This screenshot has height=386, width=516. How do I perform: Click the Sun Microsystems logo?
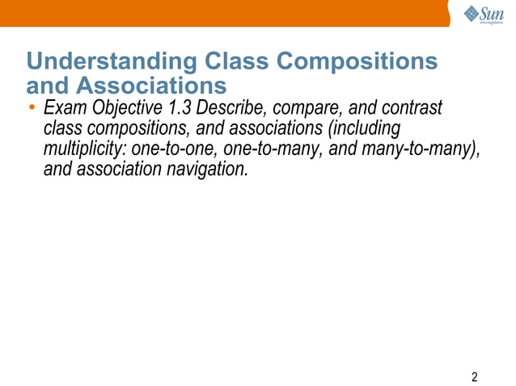[484, 15]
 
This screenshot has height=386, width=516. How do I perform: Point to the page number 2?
[474, 377]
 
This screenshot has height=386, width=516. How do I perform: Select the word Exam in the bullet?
[64, 108]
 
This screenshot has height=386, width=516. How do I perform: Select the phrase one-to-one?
[169, 150]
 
